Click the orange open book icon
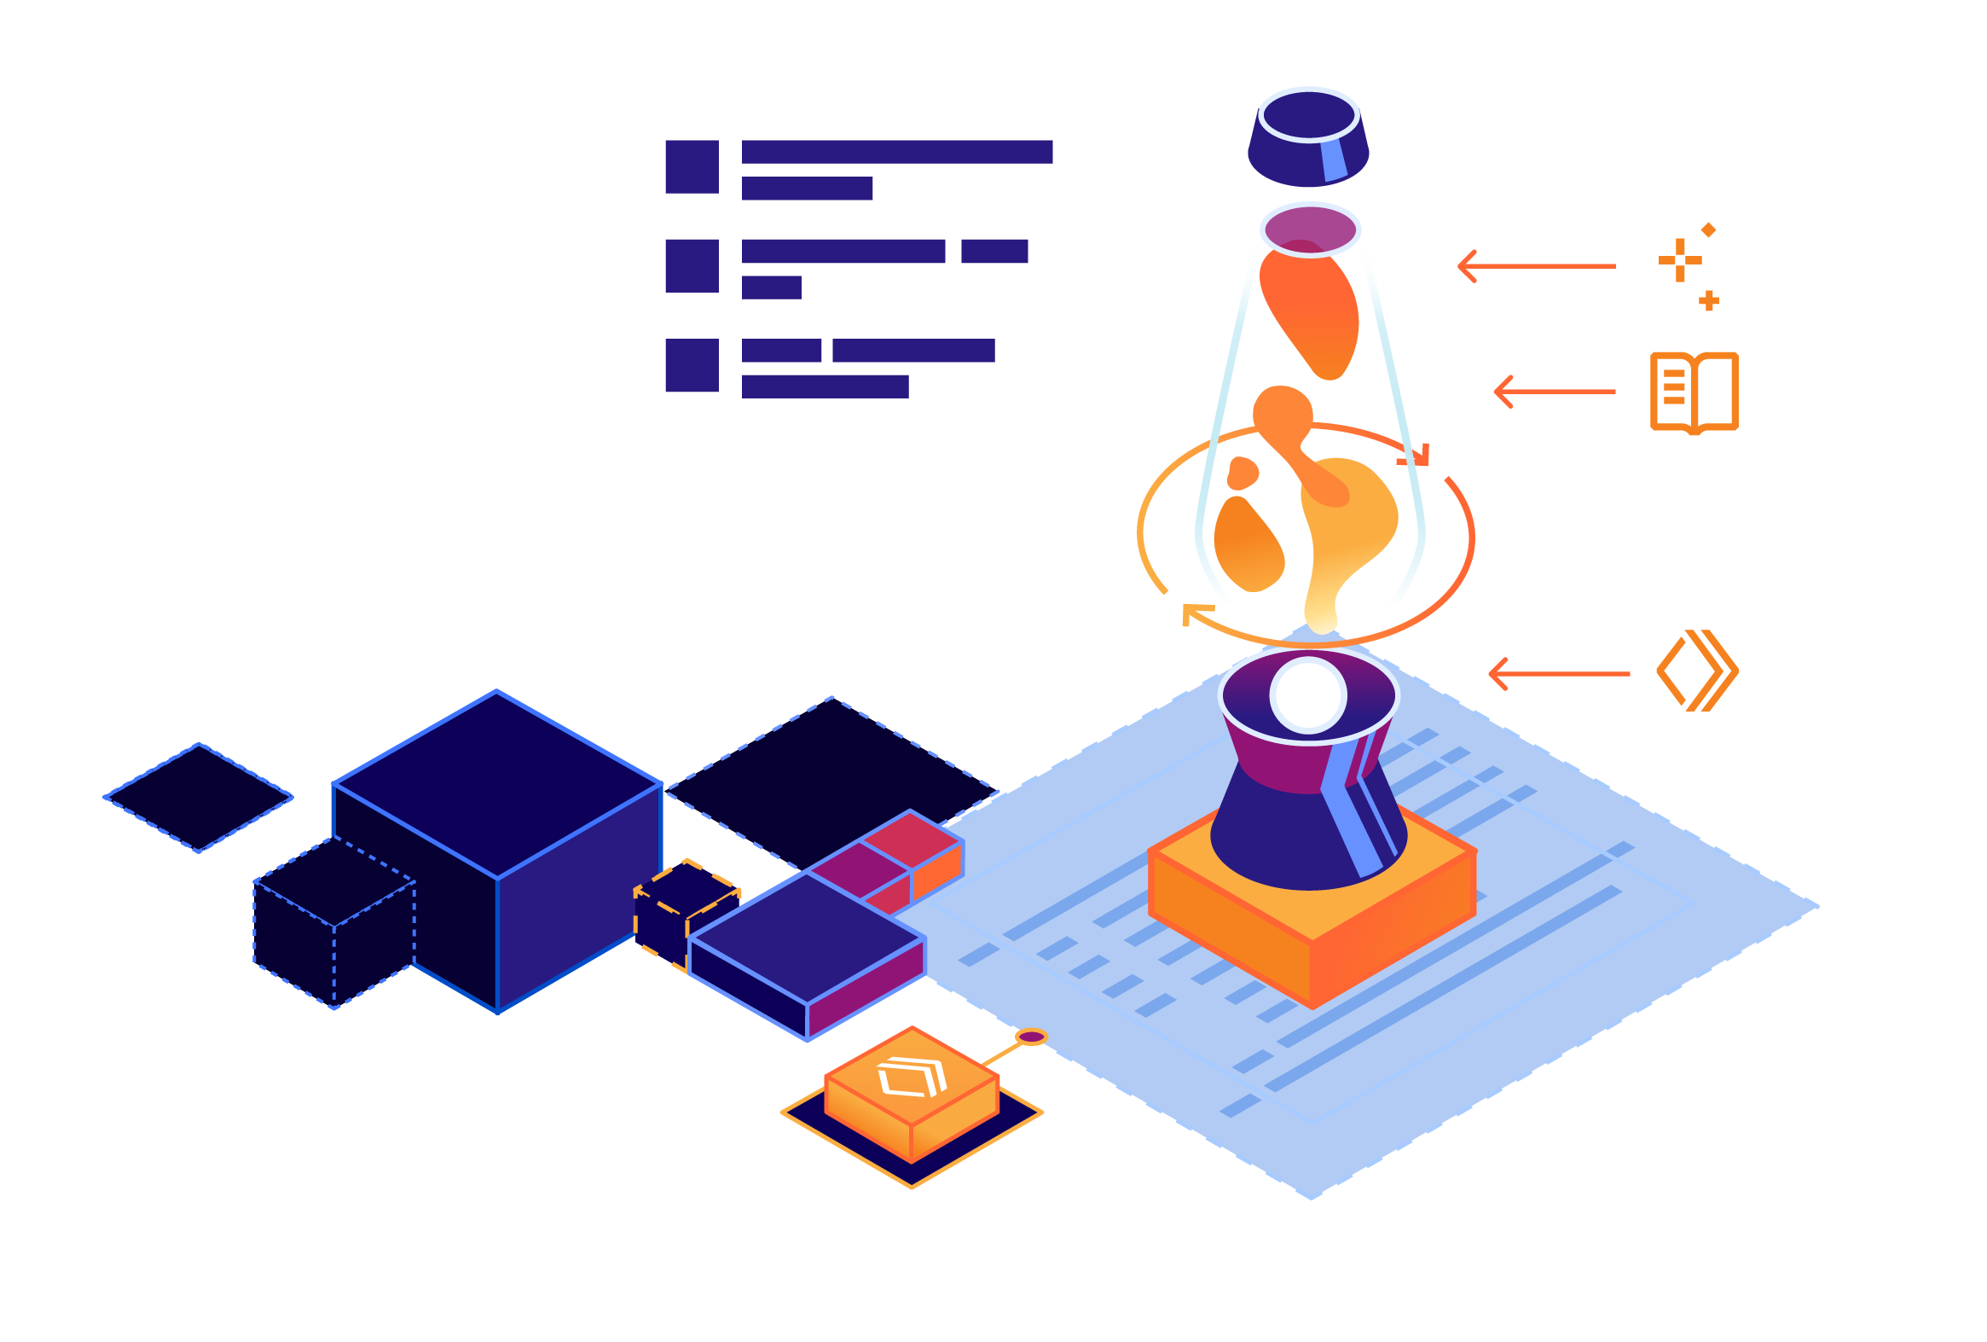pos(1693,392)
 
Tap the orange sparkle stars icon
pos(1687,264)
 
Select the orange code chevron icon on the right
pos(1696,671)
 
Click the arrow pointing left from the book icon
pos(1554,392)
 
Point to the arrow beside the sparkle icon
pos(1536,266)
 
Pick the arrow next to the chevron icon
pos(1558,674)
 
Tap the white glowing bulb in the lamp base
pos(1308,695)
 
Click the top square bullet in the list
pos(692,166)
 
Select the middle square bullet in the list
pos(692,266)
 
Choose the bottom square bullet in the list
pos(692,365)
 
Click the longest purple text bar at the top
pos(897,151)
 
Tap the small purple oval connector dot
pos(1031,1037)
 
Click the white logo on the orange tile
pos(912,1078)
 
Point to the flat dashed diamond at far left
pos(199,797)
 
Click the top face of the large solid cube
pos(496,783)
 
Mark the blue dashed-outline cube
pos(333,924)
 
